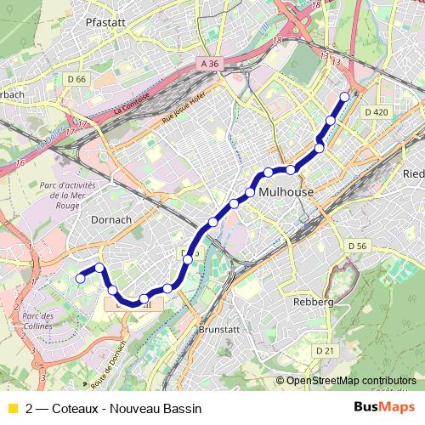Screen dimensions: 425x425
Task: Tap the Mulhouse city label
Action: point(286,193)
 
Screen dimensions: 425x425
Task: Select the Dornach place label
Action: point(110,219)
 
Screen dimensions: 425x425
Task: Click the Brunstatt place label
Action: point(218,328)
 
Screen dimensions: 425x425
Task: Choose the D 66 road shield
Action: point(76,79)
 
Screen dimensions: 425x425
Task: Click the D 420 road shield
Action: point(375,112)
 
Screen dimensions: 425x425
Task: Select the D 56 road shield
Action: point(357,246)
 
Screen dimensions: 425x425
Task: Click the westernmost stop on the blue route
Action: point(81,278)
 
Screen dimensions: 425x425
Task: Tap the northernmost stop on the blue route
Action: point(344,96)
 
